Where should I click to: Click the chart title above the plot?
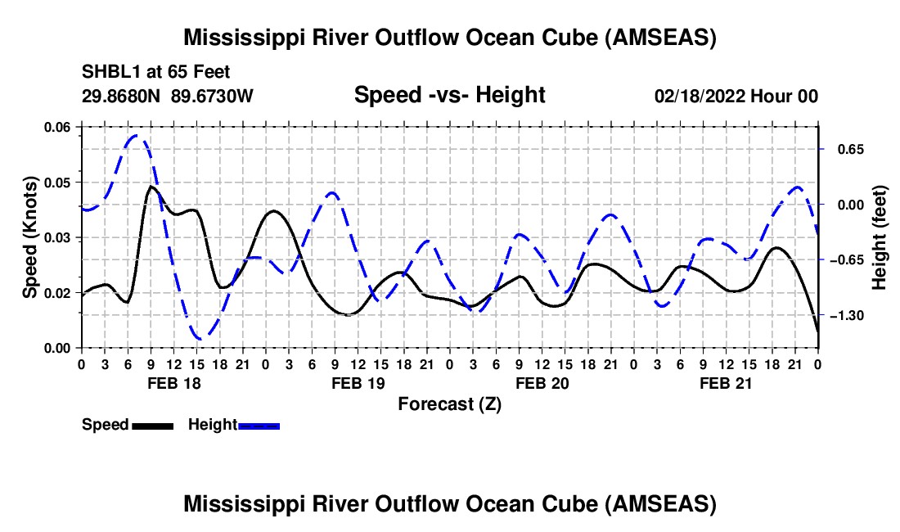[x=450, y=38]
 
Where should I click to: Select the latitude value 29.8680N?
[x=122, y=97]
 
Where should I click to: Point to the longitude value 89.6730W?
[x=213, y=97]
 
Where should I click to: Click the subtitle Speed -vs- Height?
[x=449, y=96]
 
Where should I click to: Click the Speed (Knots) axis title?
[x=30, y=237]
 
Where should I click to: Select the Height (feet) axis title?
[x=880, y=237]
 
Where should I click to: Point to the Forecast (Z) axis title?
[x=449, y=404]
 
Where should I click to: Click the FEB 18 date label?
[x=173, y=383]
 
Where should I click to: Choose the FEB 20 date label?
[x=542, y=383]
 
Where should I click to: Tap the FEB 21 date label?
[x=727, y=383]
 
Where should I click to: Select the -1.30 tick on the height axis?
[x=848, y=316]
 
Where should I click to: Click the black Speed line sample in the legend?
[x=151, y=426]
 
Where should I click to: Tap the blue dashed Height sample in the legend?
[x=259, y=426]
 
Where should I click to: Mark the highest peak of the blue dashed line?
[x=137, y=136]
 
